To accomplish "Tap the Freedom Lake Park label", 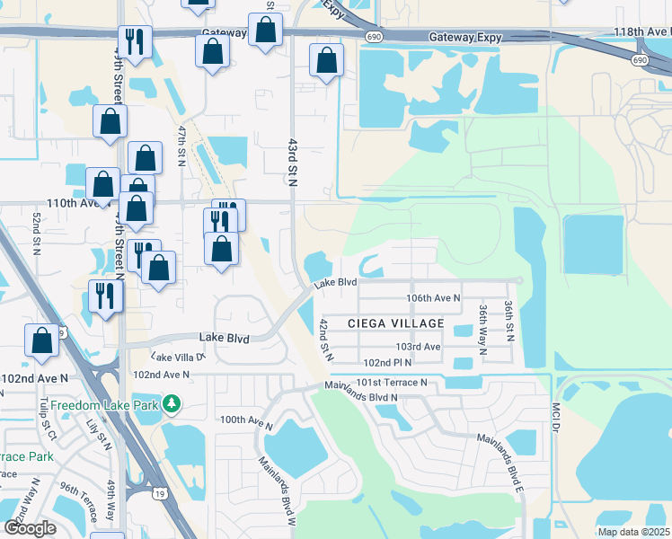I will click(x=104, y=405).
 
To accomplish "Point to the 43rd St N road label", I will click(x=292, y=162).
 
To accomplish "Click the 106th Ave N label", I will click(x=433, y=297).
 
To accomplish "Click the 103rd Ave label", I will click(x=419, y=347).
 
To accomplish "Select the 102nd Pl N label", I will click(x=387, y=363).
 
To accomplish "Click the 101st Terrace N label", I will click(x=391, y=382).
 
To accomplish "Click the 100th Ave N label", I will click(x=245, y=420).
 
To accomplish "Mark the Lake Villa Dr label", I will click(x=190, y=356).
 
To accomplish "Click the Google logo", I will click(x=31, y=528).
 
